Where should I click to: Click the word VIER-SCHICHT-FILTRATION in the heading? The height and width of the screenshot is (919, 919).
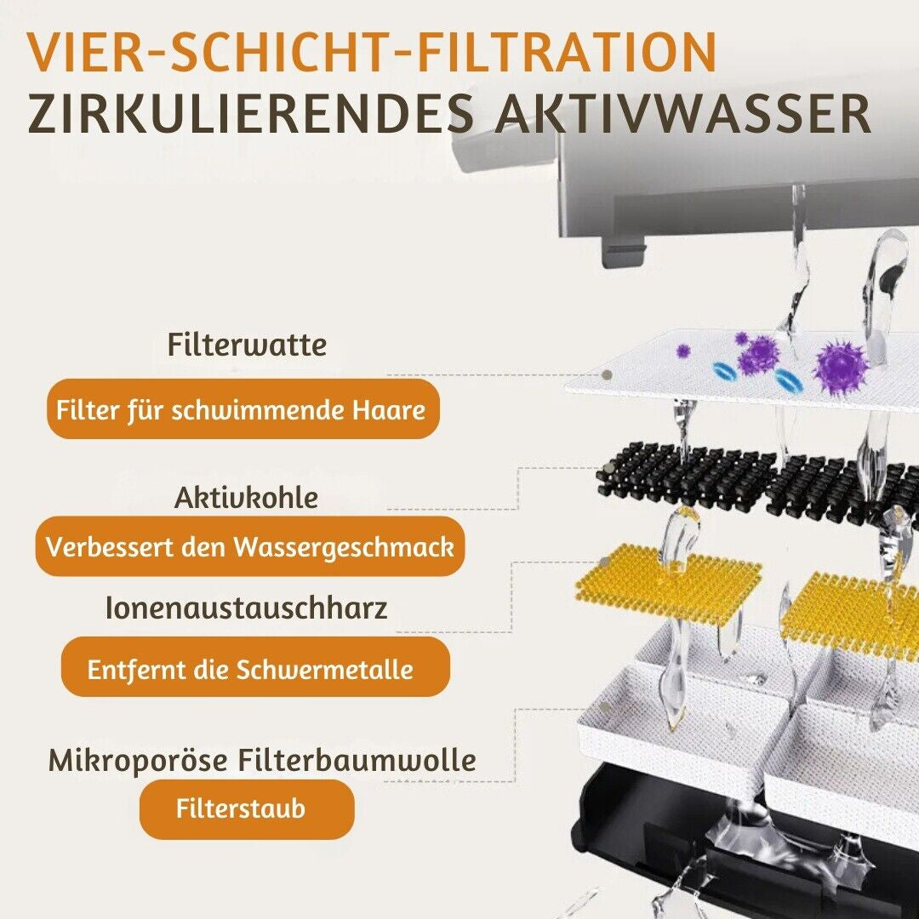[x=372, y=53]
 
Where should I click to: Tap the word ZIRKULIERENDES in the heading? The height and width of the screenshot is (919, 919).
[x=250, y=113]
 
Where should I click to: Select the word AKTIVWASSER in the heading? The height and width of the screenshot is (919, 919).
[x=682, y=113]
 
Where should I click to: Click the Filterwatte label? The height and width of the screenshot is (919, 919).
[x=247, y=344]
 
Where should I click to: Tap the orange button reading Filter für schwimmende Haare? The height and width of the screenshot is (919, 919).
[x=243, y=409]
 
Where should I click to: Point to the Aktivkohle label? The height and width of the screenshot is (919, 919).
[x=246, y=498]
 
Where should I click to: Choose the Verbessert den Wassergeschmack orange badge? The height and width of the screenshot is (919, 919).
[x=250, y=546]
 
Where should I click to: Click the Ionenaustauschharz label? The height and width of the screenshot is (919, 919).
[x=246, y=608]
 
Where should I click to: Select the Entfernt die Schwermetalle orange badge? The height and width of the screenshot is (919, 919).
[x=255, y=668]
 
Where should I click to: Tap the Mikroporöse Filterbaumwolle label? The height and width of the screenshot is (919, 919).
[x=262, y=760]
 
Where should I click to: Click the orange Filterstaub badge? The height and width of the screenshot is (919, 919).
[x=247, y=809]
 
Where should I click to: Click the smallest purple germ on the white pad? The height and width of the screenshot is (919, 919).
[x=682, y=351]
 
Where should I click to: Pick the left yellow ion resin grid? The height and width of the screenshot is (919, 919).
[x=667, y=581]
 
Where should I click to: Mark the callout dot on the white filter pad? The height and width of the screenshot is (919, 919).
[x=608, y=374]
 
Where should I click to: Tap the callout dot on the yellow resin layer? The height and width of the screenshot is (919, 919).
[x=604, y=562]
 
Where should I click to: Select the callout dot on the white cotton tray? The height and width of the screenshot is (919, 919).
[x=606, y=709]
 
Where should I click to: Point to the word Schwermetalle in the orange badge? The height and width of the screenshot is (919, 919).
[x=325, y=669]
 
